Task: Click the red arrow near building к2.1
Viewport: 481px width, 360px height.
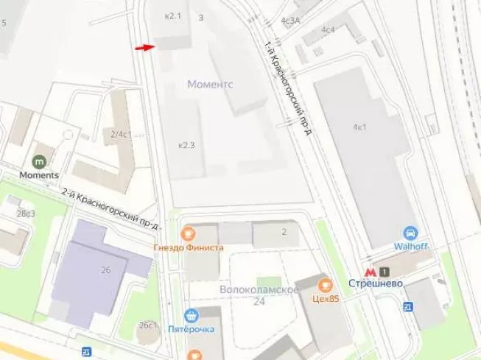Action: (x=144, y=47)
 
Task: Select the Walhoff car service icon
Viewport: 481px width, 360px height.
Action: (x=412, y=230)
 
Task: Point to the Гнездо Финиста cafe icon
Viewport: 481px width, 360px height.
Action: (x=189, y=234)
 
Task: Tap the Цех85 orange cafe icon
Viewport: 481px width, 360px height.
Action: (x=323, y=284)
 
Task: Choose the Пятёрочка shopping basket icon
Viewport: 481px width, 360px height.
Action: (x=192, y=315)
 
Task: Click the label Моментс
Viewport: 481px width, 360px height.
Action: (x=210, y=85)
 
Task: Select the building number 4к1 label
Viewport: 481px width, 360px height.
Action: (x=359, y=127)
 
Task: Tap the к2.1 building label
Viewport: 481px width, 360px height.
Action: (x=172, y=15)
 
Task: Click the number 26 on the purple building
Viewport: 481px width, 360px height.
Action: (x=105, y=270)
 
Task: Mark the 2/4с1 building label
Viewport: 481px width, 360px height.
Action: (x=120, y=134)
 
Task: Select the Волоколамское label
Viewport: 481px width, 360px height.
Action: (x=258, y=289)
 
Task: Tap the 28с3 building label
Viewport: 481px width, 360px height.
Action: (x=26, y=214)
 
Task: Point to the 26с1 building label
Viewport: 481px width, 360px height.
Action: (x=147, y=325)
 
